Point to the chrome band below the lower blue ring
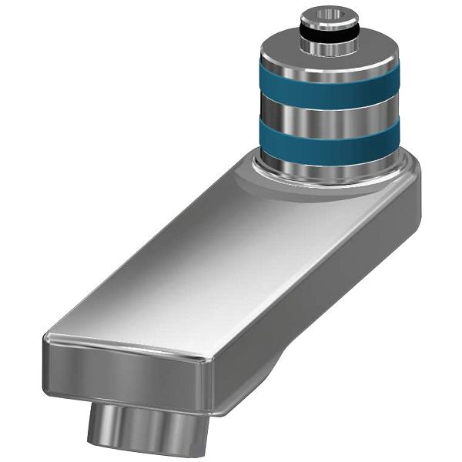click(x=329, y=163)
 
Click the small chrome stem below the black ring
click(x=330, y=46)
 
